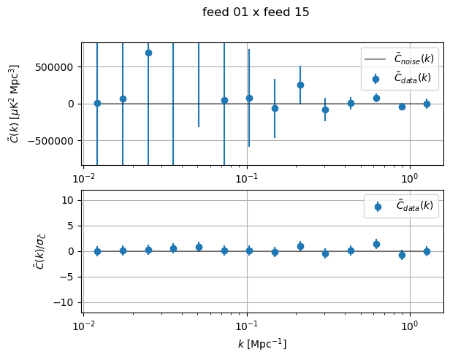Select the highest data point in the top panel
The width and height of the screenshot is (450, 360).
tap(148, 53)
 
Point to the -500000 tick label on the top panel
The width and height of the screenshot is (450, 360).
tap(53, 140)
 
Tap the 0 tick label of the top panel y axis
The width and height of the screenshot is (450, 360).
tap(73, 104)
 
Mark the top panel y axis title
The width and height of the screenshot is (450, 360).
tap(12, 104)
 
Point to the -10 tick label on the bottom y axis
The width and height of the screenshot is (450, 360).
tap(66, 302)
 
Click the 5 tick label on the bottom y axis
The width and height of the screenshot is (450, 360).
tap(72, 226)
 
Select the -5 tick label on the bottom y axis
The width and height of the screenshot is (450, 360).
tap(69, 277)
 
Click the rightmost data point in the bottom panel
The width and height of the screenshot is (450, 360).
tap(427, 251)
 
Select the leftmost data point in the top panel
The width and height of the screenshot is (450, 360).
tap(97, 103)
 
